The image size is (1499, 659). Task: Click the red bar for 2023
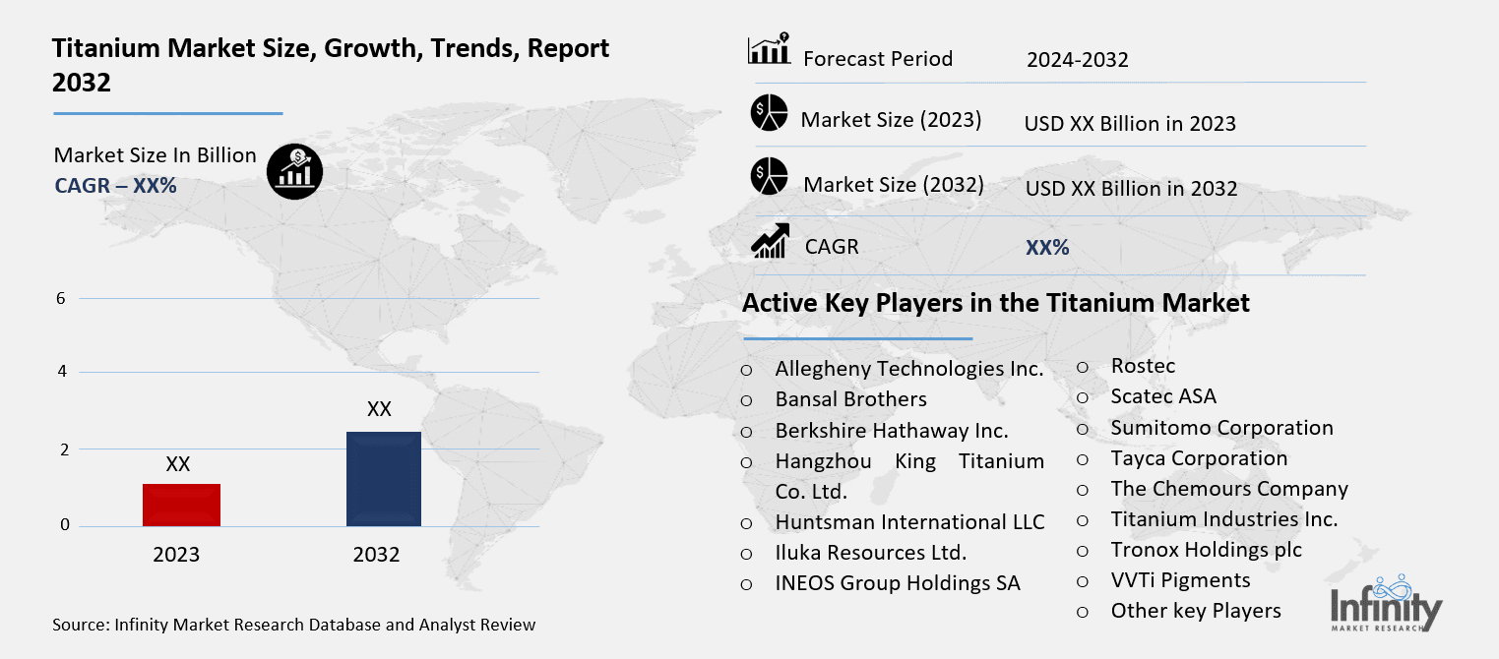(181, 505)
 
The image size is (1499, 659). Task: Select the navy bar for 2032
(384, 479)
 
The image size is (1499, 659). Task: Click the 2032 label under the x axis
(376, 555)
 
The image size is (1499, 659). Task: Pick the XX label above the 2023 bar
(178, 464)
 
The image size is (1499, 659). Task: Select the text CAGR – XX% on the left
(115, 184)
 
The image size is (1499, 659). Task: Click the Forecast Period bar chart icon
(769, 49)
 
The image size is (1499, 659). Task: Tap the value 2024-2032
(1077, 60)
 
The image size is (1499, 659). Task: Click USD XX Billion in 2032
(1131, 188)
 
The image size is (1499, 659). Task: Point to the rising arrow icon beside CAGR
(769, 241)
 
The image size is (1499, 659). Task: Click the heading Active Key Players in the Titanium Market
(995, 303)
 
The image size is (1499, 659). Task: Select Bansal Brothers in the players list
(850, 399)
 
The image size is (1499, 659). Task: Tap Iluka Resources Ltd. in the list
(870, 552)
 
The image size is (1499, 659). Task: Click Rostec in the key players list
(1143, 366)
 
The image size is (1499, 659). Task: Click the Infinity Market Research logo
(1386, 603)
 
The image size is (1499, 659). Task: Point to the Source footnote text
(294, 625)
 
